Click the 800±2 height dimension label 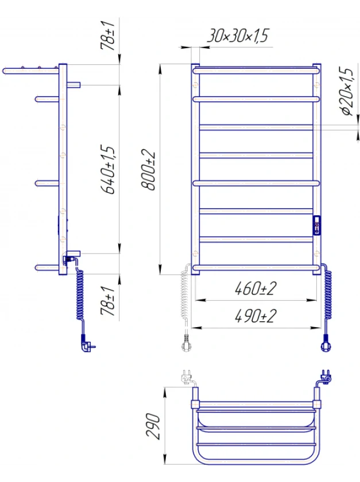148,170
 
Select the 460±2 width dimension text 256,288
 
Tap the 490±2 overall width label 256,316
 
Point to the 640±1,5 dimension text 109,169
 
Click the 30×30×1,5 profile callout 238,35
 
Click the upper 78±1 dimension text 108,36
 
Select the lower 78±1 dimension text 108,301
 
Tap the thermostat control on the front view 316,226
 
